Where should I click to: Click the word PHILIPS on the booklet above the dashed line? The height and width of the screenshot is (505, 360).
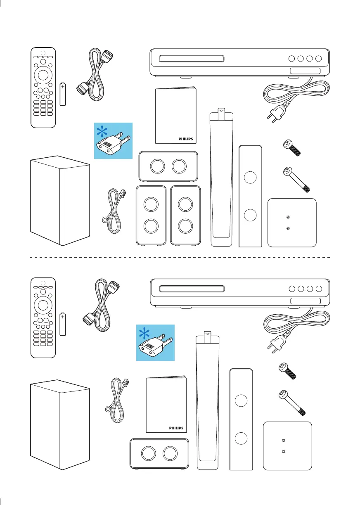185,139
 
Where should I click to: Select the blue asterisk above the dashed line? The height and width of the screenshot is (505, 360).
101,132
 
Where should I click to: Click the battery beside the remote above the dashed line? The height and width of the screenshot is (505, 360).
62,94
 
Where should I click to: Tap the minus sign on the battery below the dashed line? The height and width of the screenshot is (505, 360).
62,332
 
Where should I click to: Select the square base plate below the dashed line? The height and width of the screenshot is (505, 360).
287,446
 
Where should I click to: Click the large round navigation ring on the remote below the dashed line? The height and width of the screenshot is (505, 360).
43,305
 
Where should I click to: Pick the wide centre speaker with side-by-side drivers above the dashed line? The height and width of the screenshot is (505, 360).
168,166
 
